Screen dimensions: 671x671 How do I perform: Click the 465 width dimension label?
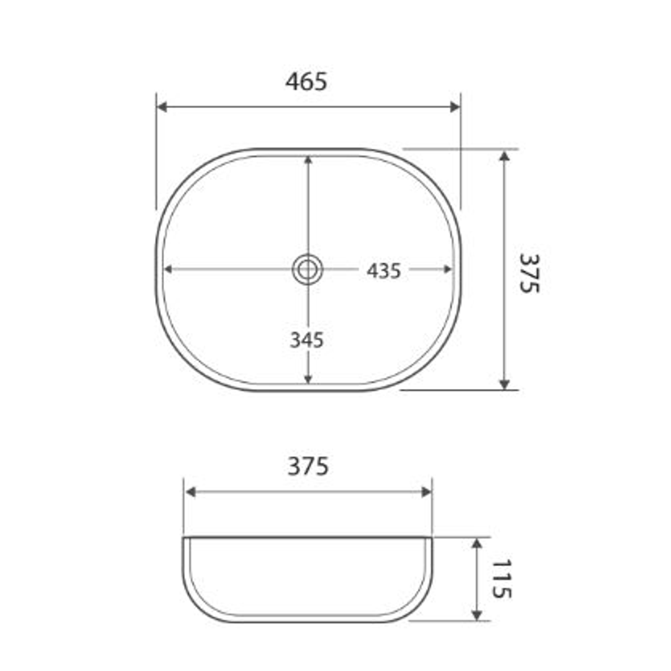click(306, 82)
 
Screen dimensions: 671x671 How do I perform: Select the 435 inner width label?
click(383, 271)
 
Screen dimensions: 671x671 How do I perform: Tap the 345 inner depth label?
click(307, 340)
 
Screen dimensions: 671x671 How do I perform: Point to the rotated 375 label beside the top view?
click(529, 273)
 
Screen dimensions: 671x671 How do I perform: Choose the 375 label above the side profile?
click(308, 466)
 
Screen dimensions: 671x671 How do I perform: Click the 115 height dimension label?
click(501, 578)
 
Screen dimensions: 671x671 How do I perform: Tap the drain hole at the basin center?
click(308, 270)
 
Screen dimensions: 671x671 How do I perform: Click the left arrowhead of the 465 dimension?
click(162, 107)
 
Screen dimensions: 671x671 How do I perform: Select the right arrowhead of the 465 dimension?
click(455, 107)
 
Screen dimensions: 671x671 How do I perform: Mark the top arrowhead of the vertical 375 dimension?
click(504, 155)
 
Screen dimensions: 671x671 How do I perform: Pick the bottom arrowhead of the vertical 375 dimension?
click(504, 384)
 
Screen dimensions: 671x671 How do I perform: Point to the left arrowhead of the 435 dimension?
click(168, 270)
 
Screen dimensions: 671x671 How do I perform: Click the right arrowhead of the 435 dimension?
click(447, 270)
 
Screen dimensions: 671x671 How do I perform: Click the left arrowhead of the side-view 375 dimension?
click(190, 492)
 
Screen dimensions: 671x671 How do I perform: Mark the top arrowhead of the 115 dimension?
click(477, 544)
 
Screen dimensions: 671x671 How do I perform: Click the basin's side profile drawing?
click(308, 579)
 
